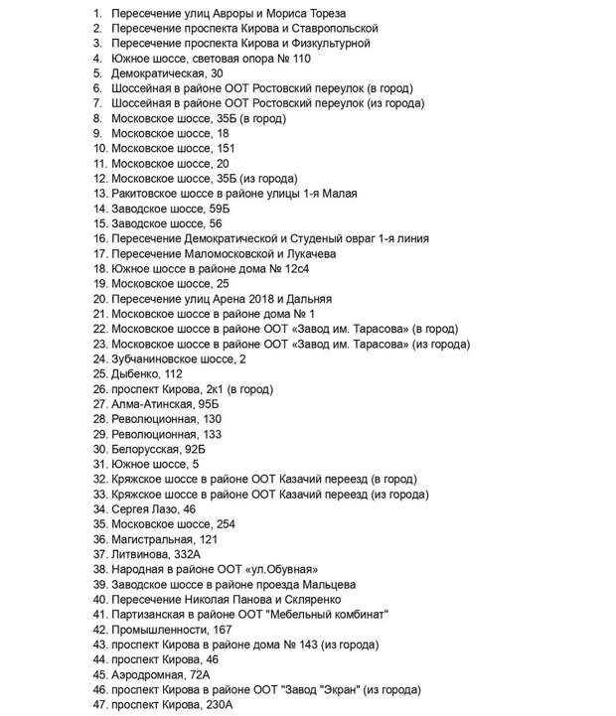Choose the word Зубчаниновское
pyautogui.click(x=160, y=358)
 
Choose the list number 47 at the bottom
pyautogui.click(x=97, y=704)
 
